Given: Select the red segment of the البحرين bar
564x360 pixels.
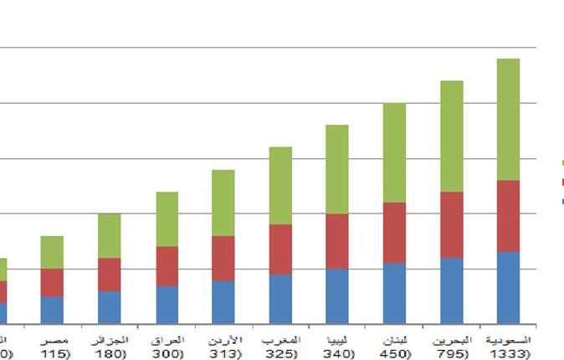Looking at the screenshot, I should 451,224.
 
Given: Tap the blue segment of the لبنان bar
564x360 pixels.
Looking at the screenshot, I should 394,293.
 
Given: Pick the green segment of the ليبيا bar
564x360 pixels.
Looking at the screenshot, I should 337,169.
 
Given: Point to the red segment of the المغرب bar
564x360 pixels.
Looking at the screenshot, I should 280,249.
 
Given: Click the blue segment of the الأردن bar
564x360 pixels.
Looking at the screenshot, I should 223,301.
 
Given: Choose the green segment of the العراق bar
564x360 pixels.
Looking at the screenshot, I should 167,219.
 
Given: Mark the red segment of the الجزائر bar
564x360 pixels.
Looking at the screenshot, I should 110,274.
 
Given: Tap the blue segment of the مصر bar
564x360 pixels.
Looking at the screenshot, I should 52,310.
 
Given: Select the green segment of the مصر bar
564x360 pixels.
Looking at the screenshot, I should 52,252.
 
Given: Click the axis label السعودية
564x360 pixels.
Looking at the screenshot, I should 508,342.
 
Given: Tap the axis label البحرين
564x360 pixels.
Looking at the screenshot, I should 452,342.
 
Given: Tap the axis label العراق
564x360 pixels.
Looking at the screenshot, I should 167,342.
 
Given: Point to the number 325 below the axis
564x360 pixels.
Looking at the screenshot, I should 279,354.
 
